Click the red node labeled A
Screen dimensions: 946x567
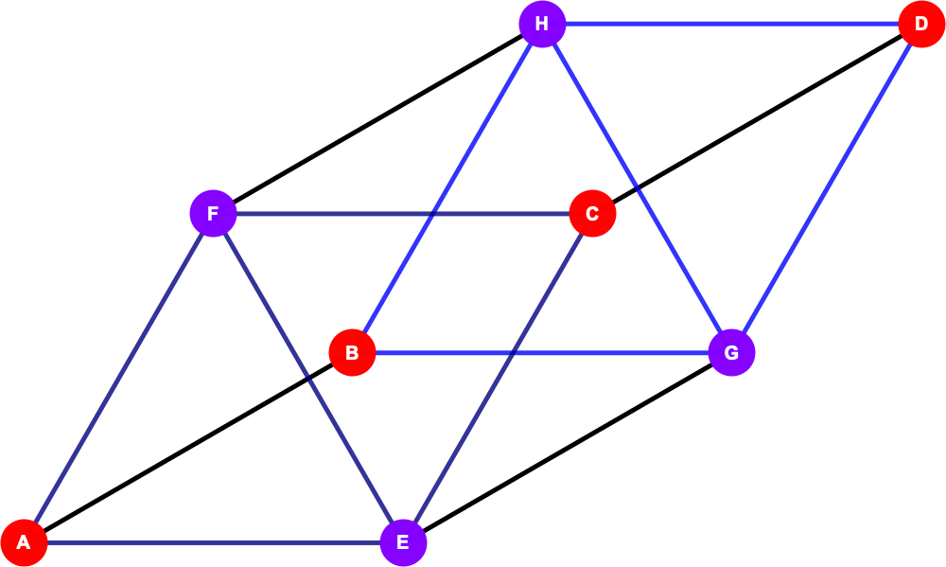[x=24, y=542]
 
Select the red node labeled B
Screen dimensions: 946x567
[x=352, y=353]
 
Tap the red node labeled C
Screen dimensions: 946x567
[x=592, y=213]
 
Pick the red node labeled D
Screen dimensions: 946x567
[x=921, y=25]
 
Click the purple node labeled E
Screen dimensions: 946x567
[x=403, y=542]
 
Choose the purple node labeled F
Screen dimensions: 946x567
[x=213, y=213]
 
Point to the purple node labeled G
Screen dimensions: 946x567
[x=731, y=353]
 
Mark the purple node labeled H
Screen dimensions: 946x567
[x=542, y=25]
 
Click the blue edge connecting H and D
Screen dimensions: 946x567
[x=732, y=25]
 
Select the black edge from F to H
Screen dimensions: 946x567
[x=377, y=119]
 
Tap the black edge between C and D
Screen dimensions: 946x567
[x=757, y=119]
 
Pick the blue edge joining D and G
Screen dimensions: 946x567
[x=827, y=188]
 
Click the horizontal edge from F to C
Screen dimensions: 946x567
[x=403, y=213]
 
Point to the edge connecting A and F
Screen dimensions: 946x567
[x=118, y=378]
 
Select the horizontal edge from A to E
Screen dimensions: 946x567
[x=214, y=542]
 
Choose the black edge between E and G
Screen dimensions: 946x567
[x=567, y=448]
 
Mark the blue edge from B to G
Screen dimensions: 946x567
[x=542, y=353]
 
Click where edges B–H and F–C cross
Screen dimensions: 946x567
[x=432, y=213]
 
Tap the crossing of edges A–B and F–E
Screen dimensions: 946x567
[x=308, y=378]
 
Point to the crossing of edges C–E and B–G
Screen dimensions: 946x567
[x=512, y=353]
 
